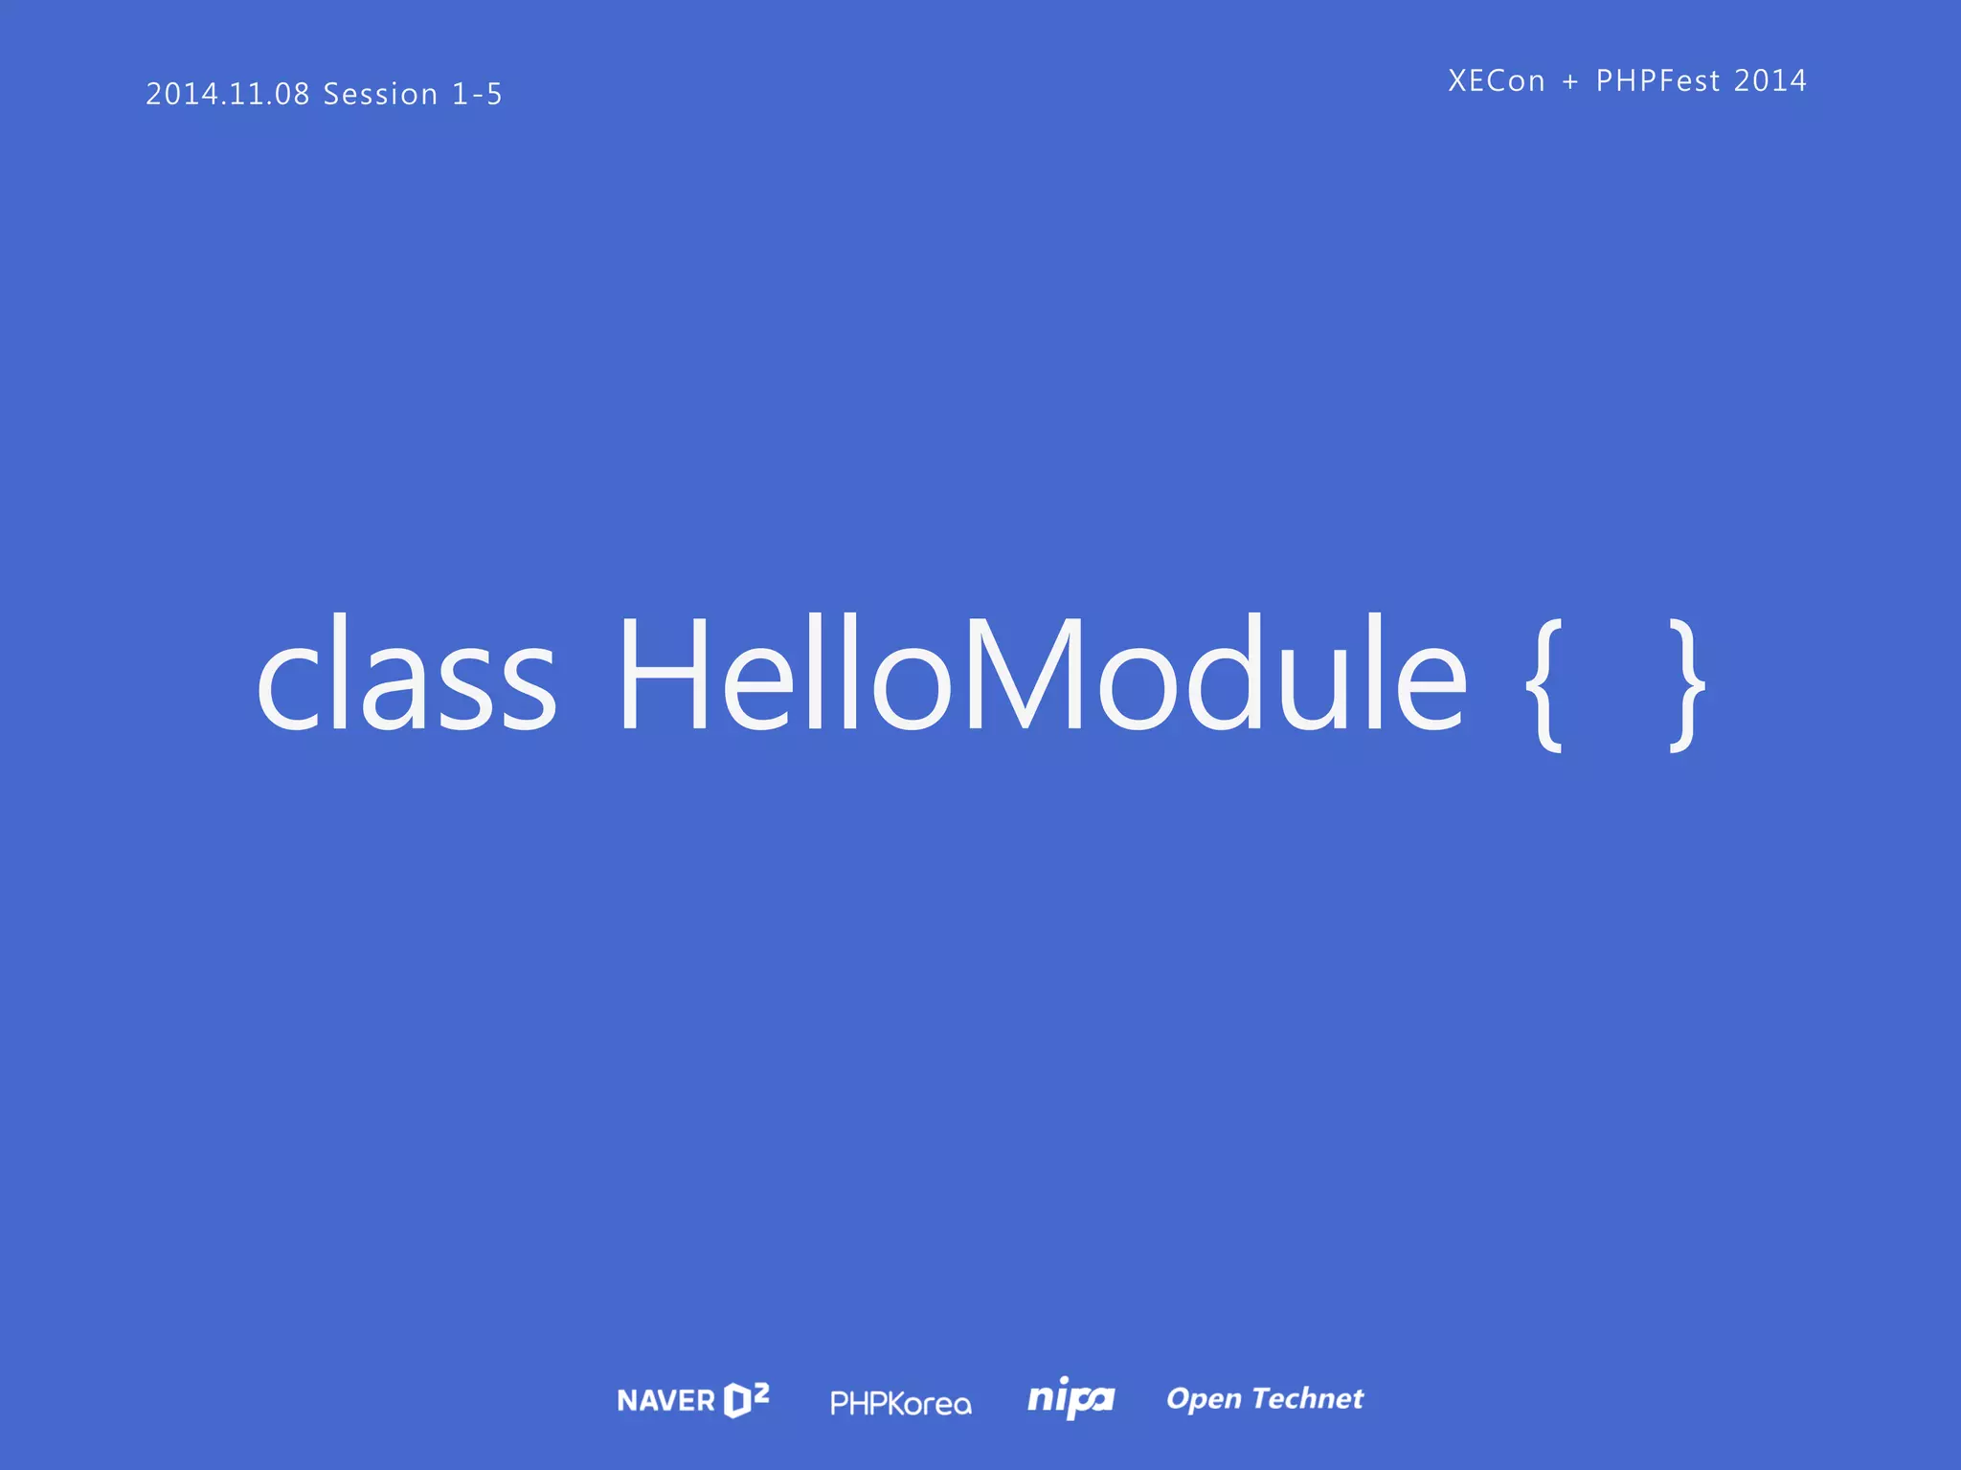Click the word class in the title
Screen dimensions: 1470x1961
coord(406,675)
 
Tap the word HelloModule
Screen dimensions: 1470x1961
coord(1043,675)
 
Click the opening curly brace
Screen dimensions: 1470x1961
coord(1544,684)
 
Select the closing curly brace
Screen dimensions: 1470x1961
coord(1686,684)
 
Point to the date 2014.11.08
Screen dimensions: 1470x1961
coord(228,94)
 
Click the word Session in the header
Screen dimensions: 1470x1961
coord(380,94)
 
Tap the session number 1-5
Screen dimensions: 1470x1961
coord(477,94)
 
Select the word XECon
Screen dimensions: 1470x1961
coord(1497,81)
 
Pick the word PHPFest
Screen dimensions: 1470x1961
coord(1658,81)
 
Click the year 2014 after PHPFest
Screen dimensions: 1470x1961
coord(1770,81)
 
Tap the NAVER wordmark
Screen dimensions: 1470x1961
coord(666,1401)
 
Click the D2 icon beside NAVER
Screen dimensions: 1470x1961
coord(746,1399)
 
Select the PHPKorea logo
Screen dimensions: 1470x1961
coord(900,1404)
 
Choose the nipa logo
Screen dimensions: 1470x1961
coord(1071,1399)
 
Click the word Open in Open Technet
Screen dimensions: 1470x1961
coord(1204,1399)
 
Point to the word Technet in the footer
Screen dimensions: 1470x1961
coord(1308,1398)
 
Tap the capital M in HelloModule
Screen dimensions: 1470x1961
coord(1026,675)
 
